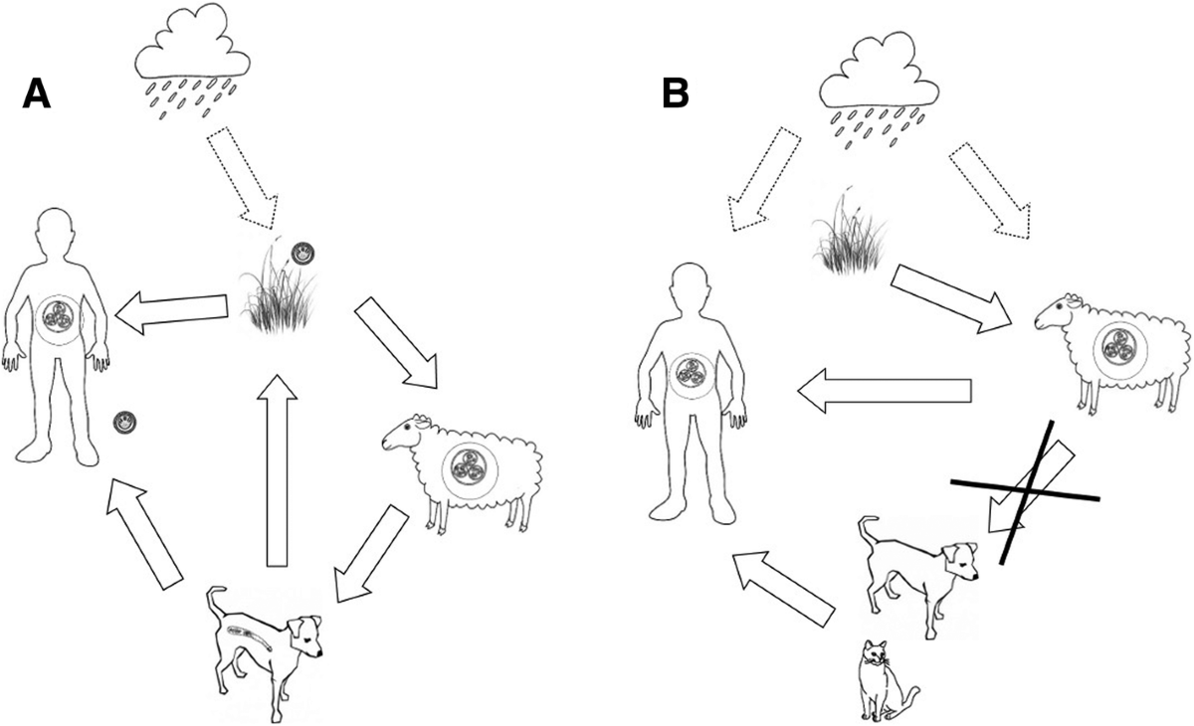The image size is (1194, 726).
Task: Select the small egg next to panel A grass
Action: [301, 254]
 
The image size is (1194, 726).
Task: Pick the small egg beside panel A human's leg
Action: [124, 422]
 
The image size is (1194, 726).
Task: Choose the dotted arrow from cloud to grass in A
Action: [240, 170]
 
